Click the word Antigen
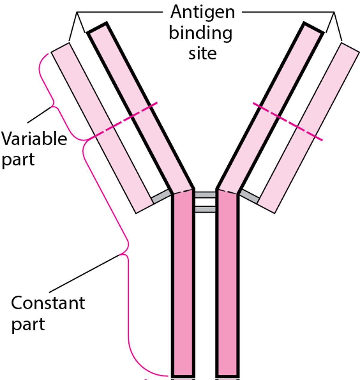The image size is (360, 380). pyautogui.click(x=202, y=13)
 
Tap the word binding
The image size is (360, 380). pyautogui.click(x=200, y=33)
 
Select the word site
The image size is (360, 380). pyautogui.click(x=202, y=53)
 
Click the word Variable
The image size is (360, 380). pyautogui.click(x=34, y=139)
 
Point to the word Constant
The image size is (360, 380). pyautogui.click(x=48, y=303)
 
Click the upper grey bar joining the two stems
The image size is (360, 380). pyautogui.click(x=205, y=195)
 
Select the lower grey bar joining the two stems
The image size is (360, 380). pyautogui.click(x=205, y=209)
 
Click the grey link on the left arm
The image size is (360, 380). pyautogui.click(x=161, y=196)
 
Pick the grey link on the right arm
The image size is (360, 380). pyautogui.click(x=250, y=196)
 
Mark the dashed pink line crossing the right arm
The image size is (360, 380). pyautogui.click(x=287, y=122)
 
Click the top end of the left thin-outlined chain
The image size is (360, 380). pyautogui.click(x=61, y=48)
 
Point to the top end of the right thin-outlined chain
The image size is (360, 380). pyautogui.click(x=350, y=48)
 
